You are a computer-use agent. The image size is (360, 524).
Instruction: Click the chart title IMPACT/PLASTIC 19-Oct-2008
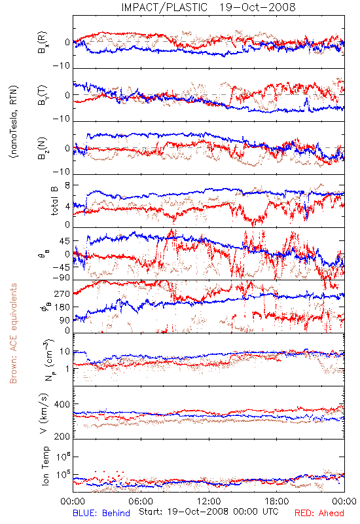pos(208,7)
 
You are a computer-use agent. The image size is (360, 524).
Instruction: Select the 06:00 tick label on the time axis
pos(141,501)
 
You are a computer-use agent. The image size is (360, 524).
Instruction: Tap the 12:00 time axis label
pos(209,501)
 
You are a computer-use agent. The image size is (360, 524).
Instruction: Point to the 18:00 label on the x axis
pos(277,501)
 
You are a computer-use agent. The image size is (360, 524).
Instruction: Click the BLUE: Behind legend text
pos(101,513)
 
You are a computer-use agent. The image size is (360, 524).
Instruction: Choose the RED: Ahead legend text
pos(319,513)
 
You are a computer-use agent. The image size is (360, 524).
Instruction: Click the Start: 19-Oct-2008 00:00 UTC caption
pos(208,512)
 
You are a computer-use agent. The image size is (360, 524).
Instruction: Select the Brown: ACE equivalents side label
pos(13,333)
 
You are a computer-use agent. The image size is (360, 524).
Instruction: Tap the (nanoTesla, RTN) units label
pos(14,122)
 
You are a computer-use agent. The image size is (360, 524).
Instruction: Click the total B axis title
pos(54,201)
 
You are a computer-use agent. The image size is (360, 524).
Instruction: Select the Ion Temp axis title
pos(45,466)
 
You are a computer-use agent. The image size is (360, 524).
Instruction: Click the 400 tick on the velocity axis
pos(62,404)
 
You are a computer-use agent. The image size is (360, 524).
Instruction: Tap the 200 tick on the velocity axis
pos(62,436)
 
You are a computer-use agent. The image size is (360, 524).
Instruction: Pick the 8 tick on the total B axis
pos(67,185)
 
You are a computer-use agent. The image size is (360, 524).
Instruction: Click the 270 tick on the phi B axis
pos(62,294)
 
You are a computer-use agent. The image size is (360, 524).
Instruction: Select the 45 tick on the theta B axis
pos(65,241)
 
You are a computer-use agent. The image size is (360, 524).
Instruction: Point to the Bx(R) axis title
pos(43,43)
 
